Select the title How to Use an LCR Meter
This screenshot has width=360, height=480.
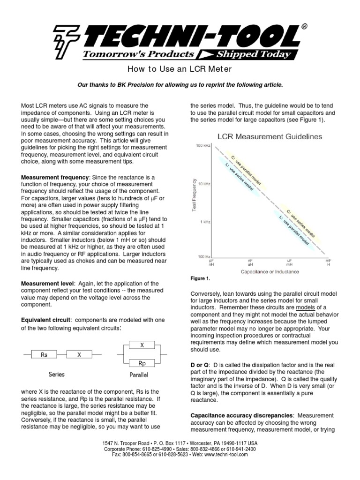(x=180, y=70)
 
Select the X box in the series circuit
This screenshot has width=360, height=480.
(x=79, y=355)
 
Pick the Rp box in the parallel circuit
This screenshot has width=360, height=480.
(x=142, y=363)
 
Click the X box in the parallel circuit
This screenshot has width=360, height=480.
(x=142, y=345)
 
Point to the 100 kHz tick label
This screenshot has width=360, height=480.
(x=203, y=147)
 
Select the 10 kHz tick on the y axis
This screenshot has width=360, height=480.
(x=204, y=184)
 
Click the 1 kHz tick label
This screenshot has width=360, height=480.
(x=205, y=221)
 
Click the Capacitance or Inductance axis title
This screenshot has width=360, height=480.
(x=270, y=271)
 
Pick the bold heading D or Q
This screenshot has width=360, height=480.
(x=199, y=364)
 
